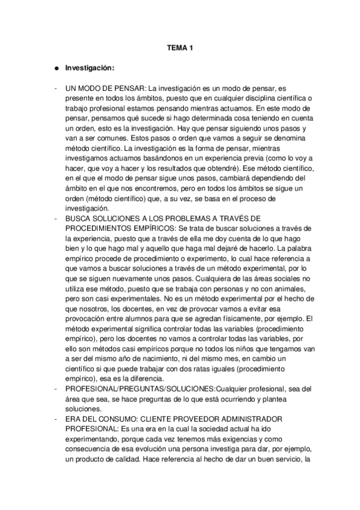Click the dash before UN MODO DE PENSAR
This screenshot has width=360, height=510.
pos(55,88)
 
